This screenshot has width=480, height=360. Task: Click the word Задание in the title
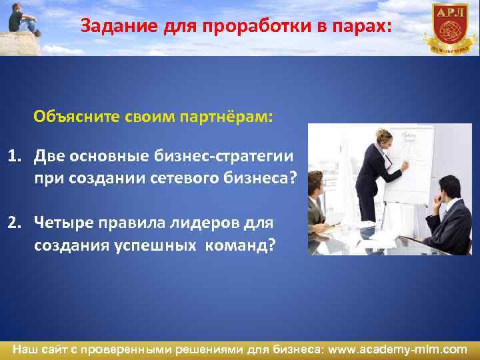click(109, 27)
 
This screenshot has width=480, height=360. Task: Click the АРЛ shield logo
click(450, 25)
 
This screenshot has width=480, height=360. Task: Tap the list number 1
click(14, 156)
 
